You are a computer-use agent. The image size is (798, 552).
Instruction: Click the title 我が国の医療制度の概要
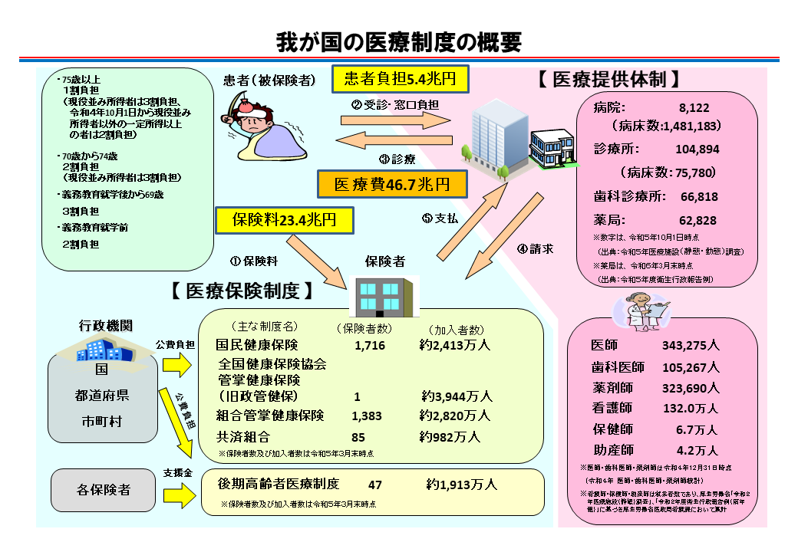pyautogui.click(x=398, y=40)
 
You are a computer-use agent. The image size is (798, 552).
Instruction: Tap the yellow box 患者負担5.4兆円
pyautogui.click(x=399, y=78)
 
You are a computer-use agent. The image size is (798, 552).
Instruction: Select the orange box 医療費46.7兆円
pyautogui.click(x=392, y=184)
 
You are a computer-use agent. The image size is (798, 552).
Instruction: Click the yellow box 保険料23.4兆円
pyautogui.click(x=285, y=221)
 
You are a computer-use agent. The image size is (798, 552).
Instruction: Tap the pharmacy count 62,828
pyautogui.click(x=697, y=220)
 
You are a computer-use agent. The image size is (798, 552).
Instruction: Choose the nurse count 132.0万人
pyautogui.click(x=690, y=408)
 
